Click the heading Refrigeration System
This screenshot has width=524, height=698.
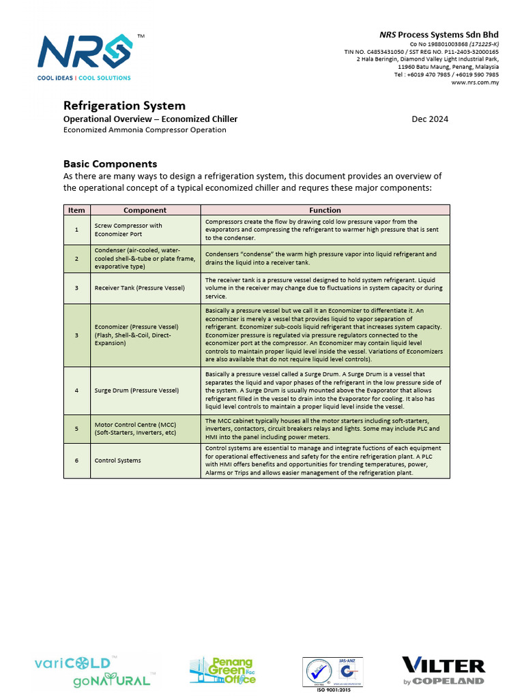(124, 106)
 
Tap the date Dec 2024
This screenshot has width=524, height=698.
(430, 119)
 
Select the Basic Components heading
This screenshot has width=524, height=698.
(110, 164)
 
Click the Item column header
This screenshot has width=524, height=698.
(76, 210)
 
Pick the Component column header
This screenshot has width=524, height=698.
(145, 210)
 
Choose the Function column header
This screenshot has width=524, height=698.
(325, 210)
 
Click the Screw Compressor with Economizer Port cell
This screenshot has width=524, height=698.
(128, 230)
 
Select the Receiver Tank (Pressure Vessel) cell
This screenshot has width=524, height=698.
(139, 288)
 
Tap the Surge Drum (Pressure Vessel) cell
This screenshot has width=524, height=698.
(136, 391)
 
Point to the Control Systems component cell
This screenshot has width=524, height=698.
(117, 460)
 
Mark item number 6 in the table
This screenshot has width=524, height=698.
(76, 460)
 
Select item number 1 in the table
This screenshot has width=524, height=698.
(76, 230)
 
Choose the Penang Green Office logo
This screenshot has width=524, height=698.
(222, 671)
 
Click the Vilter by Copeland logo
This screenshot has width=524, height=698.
(443, 671)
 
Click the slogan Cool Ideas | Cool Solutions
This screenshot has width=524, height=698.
(84, 78)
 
